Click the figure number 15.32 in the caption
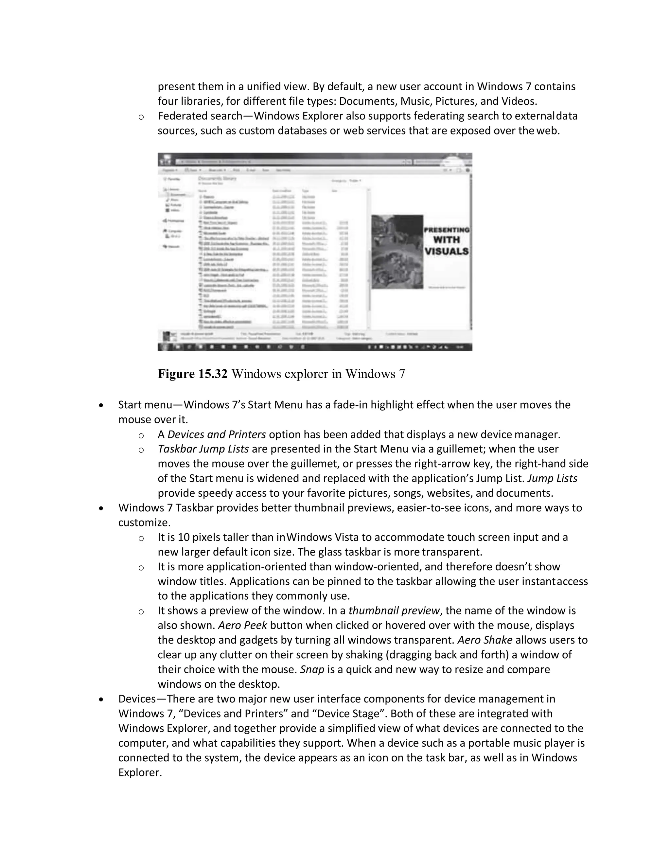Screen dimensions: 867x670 (212, 374)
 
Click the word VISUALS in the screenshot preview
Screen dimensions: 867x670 (447, 251)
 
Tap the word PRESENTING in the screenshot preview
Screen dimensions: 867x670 (447, 230)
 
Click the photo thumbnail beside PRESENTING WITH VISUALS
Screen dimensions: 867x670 (397, 252)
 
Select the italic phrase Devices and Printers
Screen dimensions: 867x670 (217, 434)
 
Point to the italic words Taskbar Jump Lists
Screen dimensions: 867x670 (203, 449)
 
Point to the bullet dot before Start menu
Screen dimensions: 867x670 (102, 405)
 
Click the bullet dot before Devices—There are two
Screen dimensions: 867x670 (102, 699)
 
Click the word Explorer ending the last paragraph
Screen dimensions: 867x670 (140, 772)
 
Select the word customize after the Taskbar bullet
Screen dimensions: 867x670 (144, 522)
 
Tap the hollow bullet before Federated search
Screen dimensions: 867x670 (141, 117)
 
